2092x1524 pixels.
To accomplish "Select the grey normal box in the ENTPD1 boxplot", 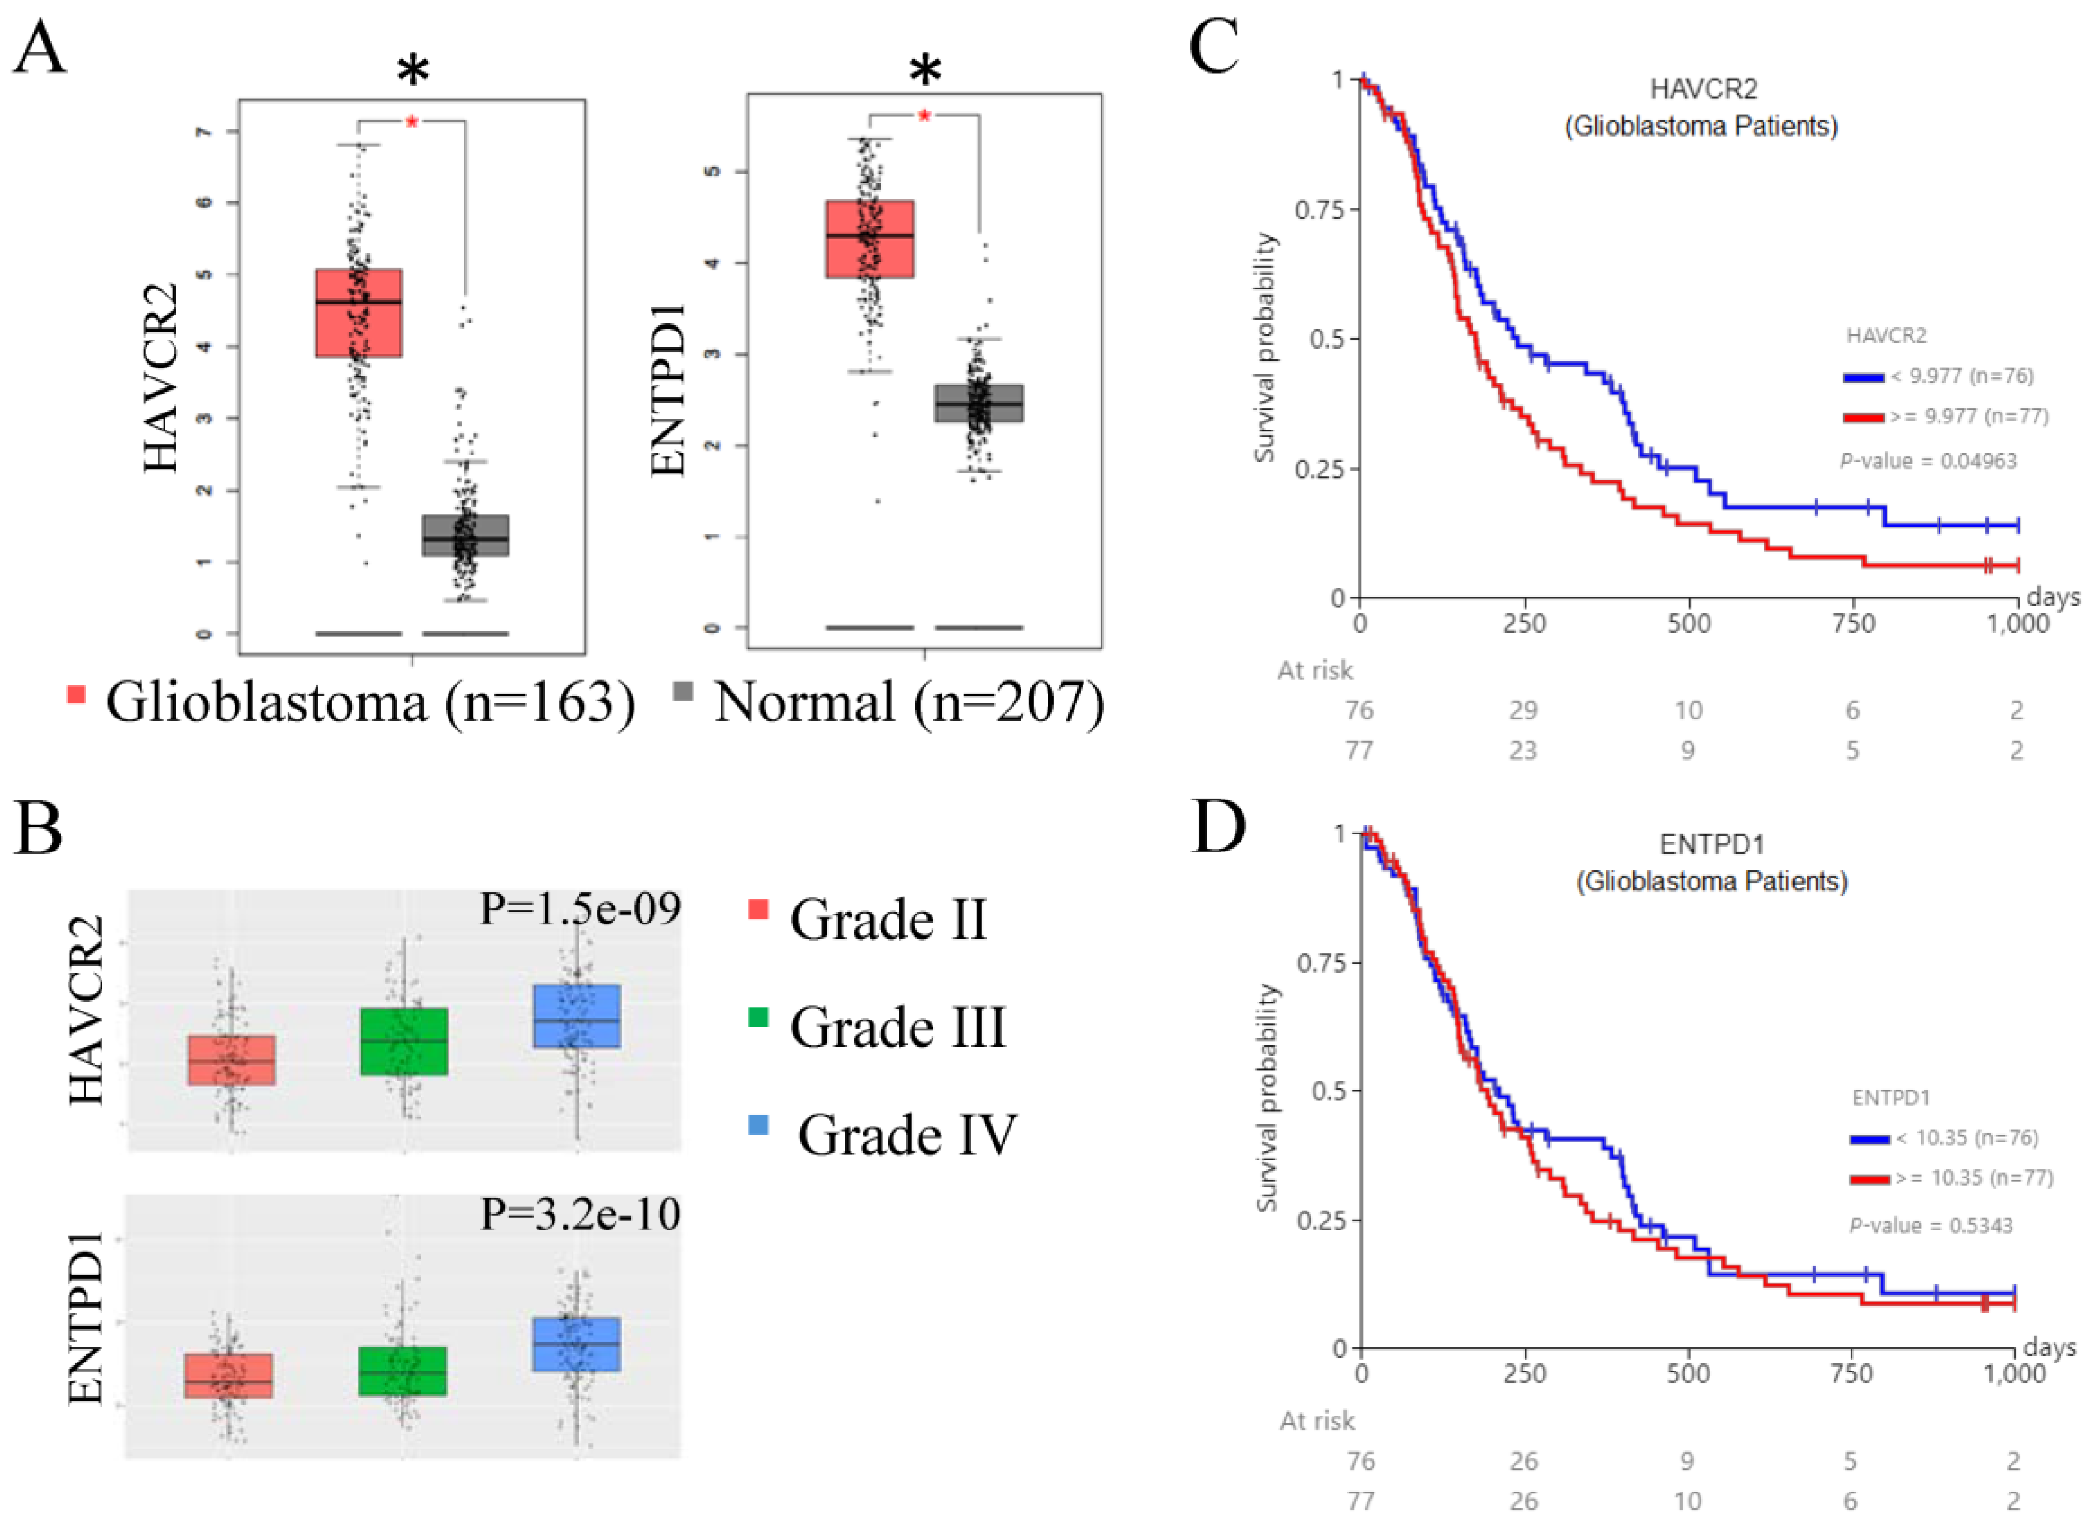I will click(x=979, y=403).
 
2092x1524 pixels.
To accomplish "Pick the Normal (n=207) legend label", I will click(x=909, y=703).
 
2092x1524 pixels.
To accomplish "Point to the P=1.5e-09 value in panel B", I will click(x=580, y=909).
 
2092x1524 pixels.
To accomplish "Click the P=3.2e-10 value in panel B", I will click(x=580, y=1214).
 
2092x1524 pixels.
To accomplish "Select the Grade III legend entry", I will click(x=897, y=1027).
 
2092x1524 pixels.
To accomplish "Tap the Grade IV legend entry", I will click(x=906, y=1135).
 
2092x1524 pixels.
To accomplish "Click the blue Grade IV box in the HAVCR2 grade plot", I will click(x=576, y=1015).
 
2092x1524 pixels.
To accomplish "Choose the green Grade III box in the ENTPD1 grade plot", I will click(x=403, y=1371).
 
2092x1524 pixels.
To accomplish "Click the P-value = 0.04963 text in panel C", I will click(x=1928, y=461).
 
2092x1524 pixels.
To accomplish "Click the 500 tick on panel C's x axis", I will click(x=1689, y=624).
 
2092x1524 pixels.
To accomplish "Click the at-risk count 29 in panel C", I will click(x=1523, y=710).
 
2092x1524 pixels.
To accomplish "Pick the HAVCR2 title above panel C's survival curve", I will click(x=1703, y=89).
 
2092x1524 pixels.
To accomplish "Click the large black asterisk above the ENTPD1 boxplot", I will click(x=925, y=71).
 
